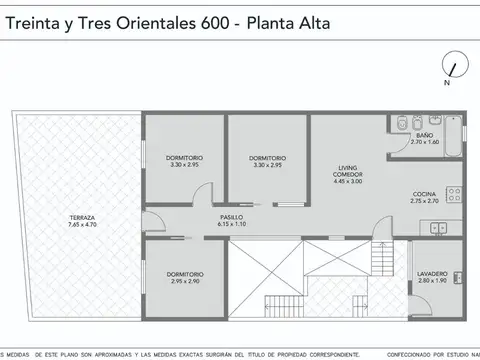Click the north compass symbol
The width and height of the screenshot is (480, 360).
[x=453, y=69]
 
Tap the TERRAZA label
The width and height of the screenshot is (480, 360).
[x=82, y=218]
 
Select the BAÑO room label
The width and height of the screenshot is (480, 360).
[x=424, y=135]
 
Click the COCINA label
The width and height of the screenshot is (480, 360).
[x=425, y=194]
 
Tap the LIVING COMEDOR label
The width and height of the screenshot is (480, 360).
[x=348, y=171]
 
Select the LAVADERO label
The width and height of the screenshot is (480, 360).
[x=431, y=274]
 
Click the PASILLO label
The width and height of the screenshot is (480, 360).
[x=231, y=218]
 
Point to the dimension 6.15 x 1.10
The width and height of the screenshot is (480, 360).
[x=231, y=225]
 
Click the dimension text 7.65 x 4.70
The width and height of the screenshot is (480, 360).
[x=82, y=225]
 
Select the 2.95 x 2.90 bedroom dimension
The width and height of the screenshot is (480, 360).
[x=185, y=281]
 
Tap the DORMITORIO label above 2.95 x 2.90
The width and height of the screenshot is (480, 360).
[x=185, y=274]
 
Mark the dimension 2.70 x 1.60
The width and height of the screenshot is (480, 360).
[x=424, y=142]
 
